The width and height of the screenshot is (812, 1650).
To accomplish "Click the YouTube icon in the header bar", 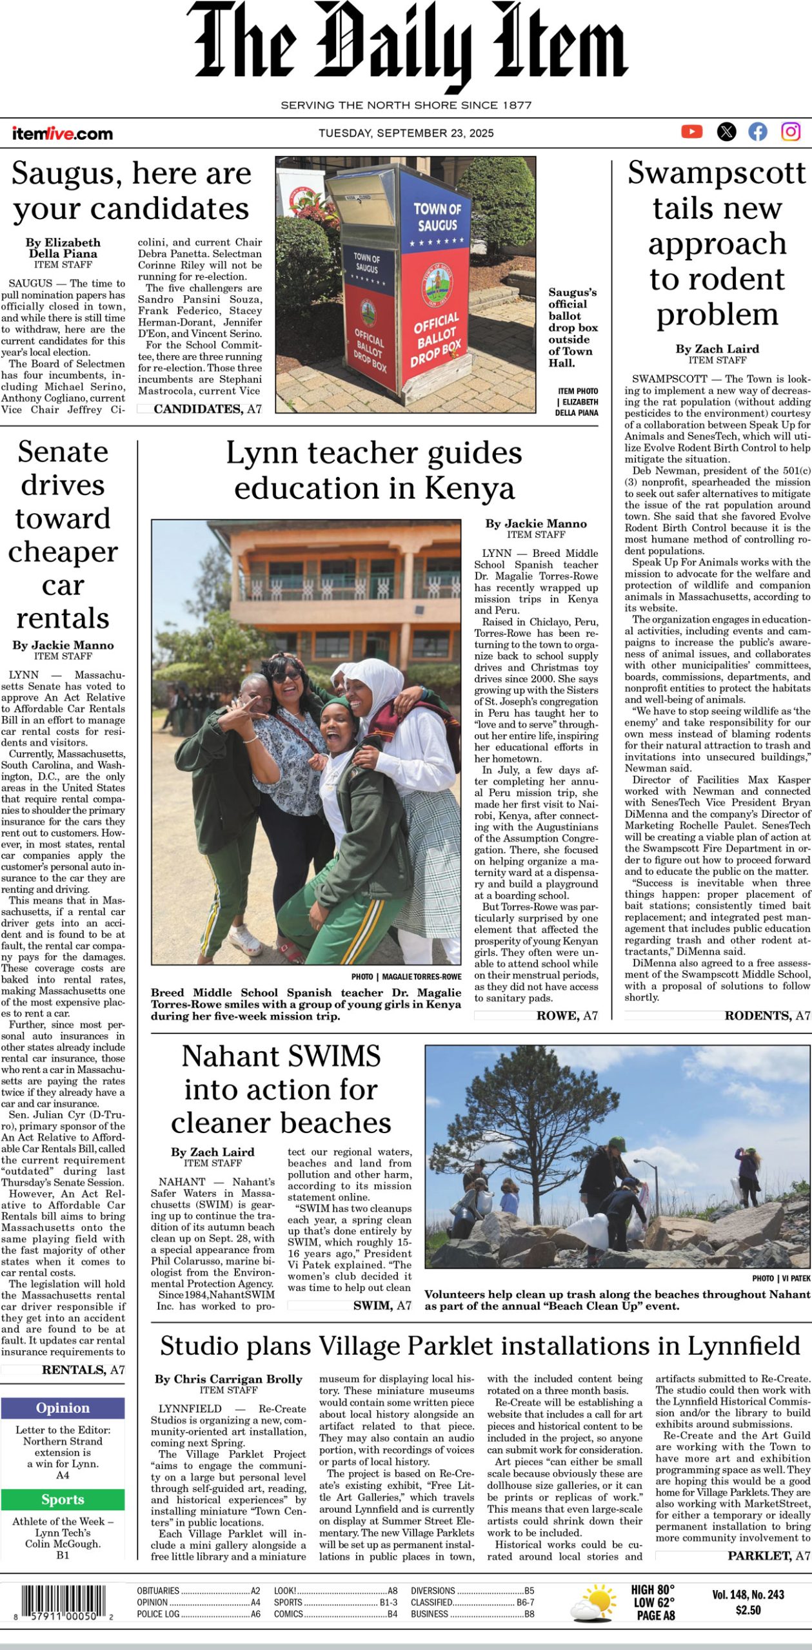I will (691, 131).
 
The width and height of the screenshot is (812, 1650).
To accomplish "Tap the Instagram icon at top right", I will (791, 131).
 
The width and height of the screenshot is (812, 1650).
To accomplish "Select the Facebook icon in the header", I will (758, 131).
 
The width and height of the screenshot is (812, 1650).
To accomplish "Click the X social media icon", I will (726, 131).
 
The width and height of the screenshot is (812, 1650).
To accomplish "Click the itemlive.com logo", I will (62, 133).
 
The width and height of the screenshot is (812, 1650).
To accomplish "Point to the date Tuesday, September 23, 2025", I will (406, 133).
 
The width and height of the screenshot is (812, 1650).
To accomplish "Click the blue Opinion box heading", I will (63, 1407).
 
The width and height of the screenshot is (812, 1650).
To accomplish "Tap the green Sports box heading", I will (63, 1499).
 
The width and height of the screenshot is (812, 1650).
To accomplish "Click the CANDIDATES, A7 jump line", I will (207, 409).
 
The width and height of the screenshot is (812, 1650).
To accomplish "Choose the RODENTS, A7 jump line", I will (767, 1016).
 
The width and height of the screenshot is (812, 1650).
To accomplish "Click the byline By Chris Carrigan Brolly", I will (228, 1379).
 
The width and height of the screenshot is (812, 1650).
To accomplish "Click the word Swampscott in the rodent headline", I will (717, 173).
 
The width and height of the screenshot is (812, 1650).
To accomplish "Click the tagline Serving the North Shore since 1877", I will (406, 105).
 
